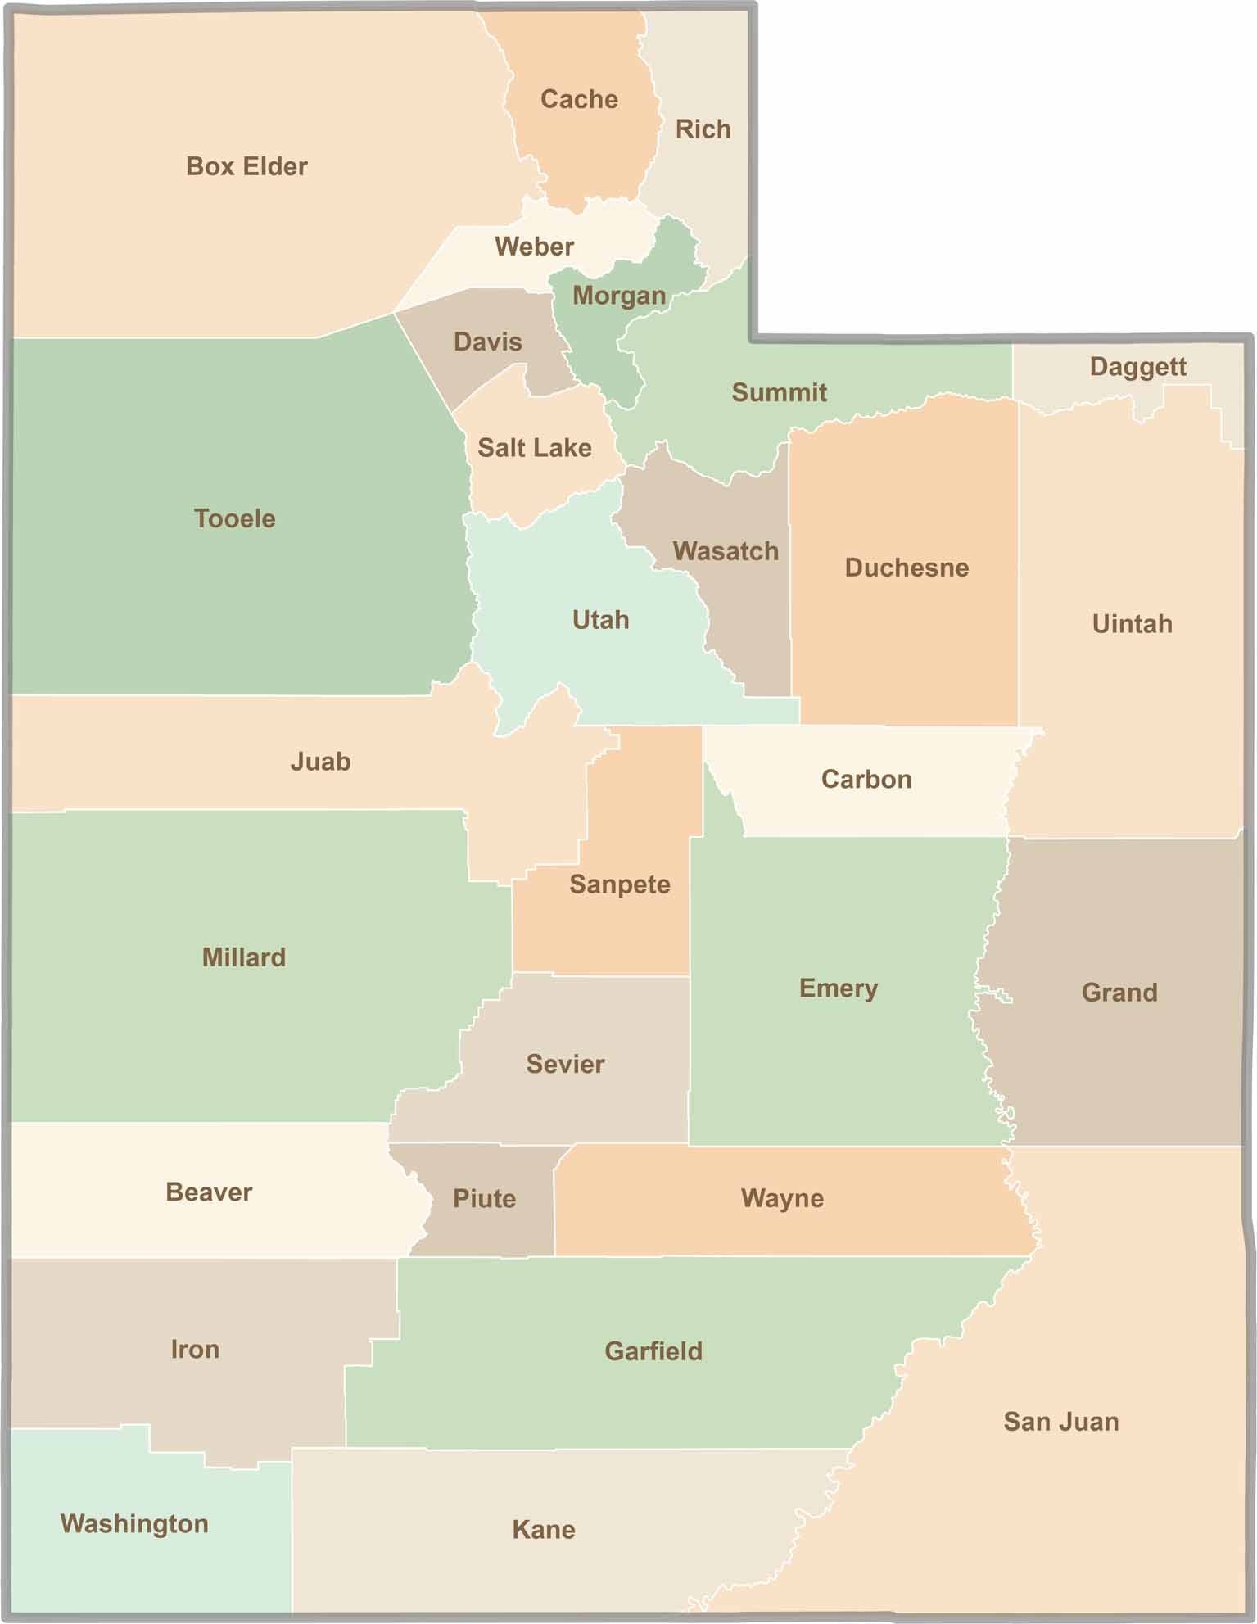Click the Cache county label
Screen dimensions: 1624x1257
point(579,100)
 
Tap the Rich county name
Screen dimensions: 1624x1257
point(703,129)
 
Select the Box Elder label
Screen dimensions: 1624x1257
point(246,166)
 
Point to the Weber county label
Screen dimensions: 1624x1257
point(534,247)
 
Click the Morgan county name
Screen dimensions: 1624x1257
point(619,296)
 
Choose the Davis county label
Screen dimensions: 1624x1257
point(487,342)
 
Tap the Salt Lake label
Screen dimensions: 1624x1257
point(534,448)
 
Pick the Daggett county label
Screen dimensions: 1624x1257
point(1137,367)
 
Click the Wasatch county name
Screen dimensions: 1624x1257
point(726,551)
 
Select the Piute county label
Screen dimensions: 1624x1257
point(484,1199)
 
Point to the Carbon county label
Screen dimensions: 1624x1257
point(866,779)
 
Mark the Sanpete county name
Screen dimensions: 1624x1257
point(619,884)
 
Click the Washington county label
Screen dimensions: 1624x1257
point(134,1524)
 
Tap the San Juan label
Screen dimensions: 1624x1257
point(1060,1422)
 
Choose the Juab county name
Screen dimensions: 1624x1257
point(320,762)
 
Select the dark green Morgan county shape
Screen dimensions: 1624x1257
point(606,352)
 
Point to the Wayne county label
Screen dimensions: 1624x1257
point(782,1199)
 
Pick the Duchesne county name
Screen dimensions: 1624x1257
point(907,568)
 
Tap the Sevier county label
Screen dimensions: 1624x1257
point(565,1065)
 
